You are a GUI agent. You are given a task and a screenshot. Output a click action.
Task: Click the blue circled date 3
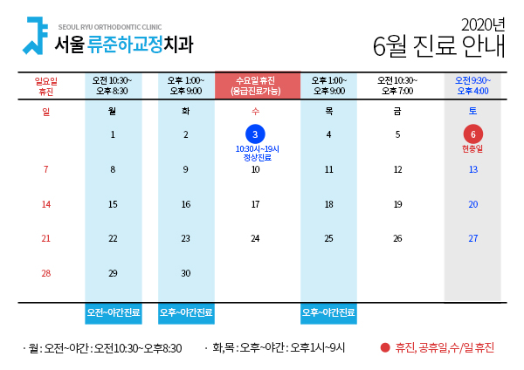click(x=255, y=134)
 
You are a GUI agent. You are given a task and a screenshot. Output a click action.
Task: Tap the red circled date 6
click(x=472, y=134)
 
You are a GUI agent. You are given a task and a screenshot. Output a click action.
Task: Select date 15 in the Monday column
click(x=113, y=204)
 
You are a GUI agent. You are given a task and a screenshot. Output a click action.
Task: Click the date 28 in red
click(x=46, y=273)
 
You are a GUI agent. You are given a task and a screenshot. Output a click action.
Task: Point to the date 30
click(x=186, y=273)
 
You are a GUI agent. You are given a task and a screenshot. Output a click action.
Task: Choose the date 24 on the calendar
click(x=255, y=238)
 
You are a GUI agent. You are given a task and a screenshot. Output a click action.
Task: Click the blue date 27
click(x=472, y=238)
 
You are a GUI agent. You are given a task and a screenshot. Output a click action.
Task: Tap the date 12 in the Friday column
click(x=397, y=169)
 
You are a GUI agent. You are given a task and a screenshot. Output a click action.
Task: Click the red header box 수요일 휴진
click(x=258, y=86)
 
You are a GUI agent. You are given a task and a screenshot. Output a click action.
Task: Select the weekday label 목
click(x=329, y=111)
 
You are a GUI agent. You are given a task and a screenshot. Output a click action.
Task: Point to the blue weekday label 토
click(x=472, y=111)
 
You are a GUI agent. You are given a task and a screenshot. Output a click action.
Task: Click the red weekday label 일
click(x=46, y=111)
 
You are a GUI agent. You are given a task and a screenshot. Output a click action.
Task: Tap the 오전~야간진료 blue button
click(x=114, y=313)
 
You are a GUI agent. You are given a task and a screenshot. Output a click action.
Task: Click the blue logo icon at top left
click(x=35, y=36)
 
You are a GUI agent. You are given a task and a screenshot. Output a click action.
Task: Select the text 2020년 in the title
click(x=483, y=24)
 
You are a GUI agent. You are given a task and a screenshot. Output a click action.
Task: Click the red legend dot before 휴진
click(x=385, y=348)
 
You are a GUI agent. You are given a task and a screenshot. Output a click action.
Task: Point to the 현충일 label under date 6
click(x=472, y=148)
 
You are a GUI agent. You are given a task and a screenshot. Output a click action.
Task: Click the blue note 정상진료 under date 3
click(x=258, y=157)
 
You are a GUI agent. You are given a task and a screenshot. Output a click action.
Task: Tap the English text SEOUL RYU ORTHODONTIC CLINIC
click(x=110, y=27)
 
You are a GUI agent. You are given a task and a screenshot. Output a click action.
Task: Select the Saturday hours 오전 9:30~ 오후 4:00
click(x=472, y=86)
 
